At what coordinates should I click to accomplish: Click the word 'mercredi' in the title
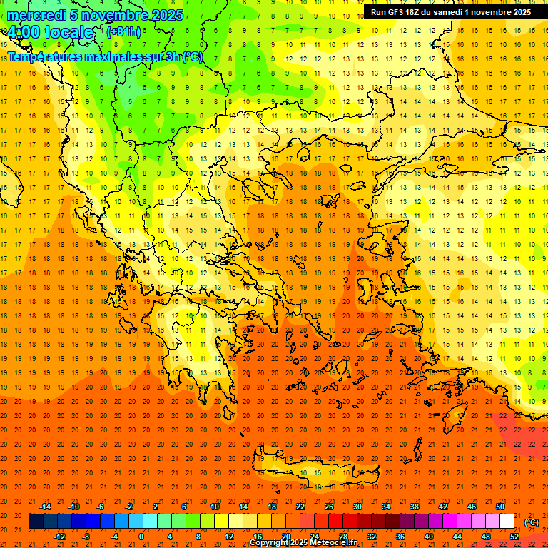pos(37,15)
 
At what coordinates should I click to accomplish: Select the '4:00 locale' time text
pos(50,32)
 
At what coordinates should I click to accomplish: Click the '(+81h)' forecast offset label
pos(123,32)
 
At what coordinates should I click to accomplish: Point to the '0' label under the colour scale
pos(141,537)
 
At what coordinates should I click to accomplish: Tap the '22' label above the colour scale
pos(300,507)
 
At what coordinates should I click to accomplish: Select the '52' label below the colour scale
pos(514,537)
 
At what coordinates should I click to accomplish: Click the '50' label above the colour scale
pos(500,507)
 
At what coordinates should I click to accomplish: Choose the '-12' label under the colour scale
pos(59,537)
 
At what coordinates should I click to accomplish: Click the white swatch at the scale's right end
pos(507,522)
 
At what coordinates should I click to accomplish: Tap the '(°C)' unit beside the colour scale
pos(532,522)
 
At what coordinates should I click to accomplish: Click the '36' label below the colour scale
pos(400,537)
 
